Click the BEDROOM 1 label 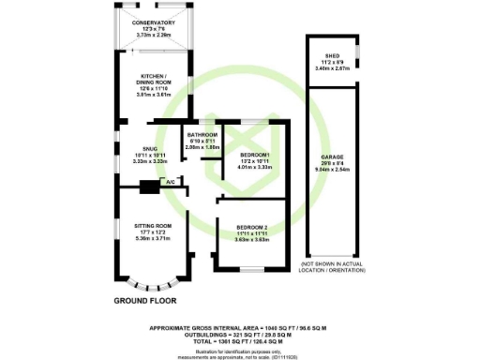(x=254, y=154)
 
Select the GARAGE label (x=333, y=156)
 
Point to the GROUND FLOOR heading (x=145, y=302)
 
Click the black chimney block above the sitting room (x=148, y=187)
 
